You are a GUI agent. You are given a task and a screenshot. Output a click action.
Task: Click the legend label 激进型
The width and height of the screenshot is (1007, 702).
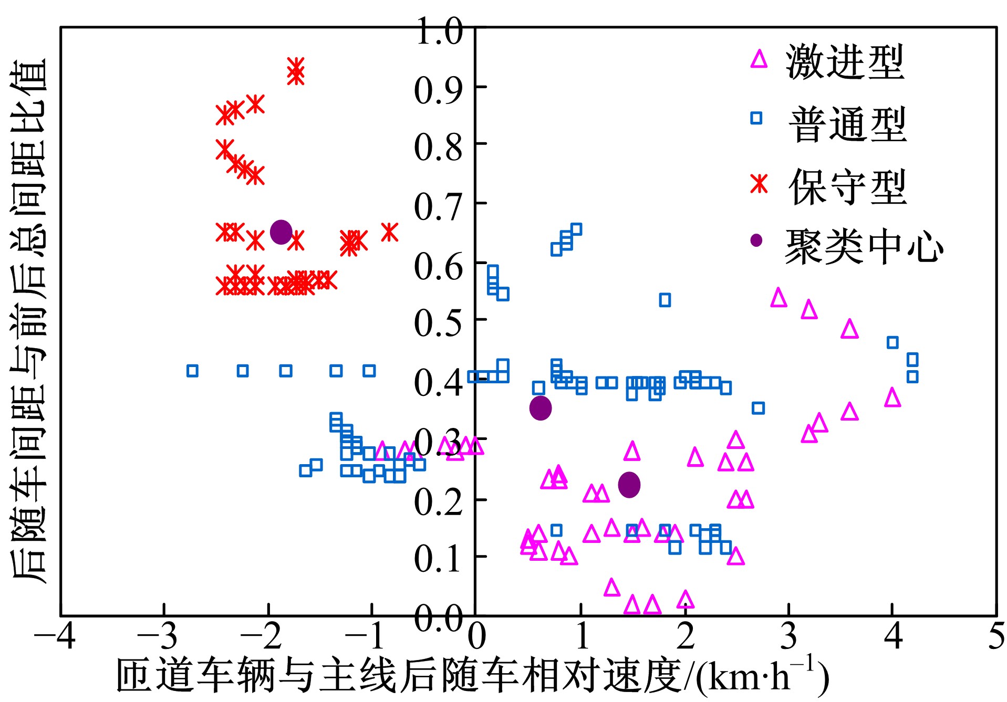pyautogui.click(x=845, y=62)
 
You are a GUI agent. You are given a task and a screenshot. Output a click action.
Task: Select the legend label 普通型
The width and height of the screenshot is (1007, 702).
pyautogui.click(x=847, y=124)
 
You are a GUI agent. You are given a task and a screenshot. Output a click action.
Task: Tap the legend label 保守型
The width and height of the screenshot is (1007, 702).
pyautogui.click(x=847, y=186)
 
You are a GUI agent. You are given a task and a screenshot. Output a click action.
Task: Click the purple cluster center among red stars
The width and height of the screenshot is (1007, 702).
pyautogui.click(x=281, y=232)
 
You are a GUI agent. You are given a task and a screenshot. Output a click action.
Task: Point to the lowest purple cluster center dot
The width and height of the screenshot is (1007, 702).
pyautogui.click(x=629, y=485)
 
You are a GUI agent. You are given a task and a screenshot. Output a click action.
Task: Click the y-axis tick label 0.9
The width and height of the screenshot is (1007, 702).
pyautogui.click(x=438, y=90)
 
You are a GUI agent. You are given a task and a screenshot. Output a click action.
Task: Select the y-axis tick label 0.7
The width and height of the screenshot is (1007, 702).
pyautogui.click(x=438, y=207)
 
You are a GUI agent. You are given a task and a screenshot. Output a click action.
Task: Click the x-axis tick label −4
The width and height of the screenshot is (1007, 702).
pyautogui.click(x=55, y=636)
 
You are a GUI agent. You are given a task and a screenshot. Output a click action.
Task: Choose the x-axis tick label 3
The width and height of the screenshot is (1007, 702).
pyautogui.click(x=788, y=636)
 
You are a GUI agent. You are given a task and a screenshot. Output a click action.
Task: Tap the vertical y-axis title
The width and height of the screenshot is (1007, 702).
pyautogui.click(x=29, y=320)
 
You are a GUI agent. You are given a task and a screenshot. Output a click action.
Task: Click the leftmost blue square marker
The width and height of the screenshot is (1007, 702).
pyautogui.click(x=192, y=371)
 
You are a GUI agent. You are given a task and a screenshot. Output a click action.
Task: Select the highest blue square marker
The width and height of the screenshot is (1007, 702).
pyautogui.click(x=576, y=229)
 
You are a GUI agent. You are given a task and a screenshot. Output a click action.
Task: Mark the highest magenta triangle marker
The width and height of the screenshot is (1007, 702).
pyautogui.click(x=778, y=298)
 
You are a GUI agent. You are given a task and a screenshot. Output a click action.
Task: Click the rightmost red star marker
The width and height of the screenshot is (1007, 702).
pyautogui.click(x=389, y=232)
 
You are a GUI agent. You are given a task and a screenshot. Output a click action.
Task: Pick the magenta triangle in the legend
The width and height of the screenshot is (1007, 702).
pyautogui.click(x=758, y=59)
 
